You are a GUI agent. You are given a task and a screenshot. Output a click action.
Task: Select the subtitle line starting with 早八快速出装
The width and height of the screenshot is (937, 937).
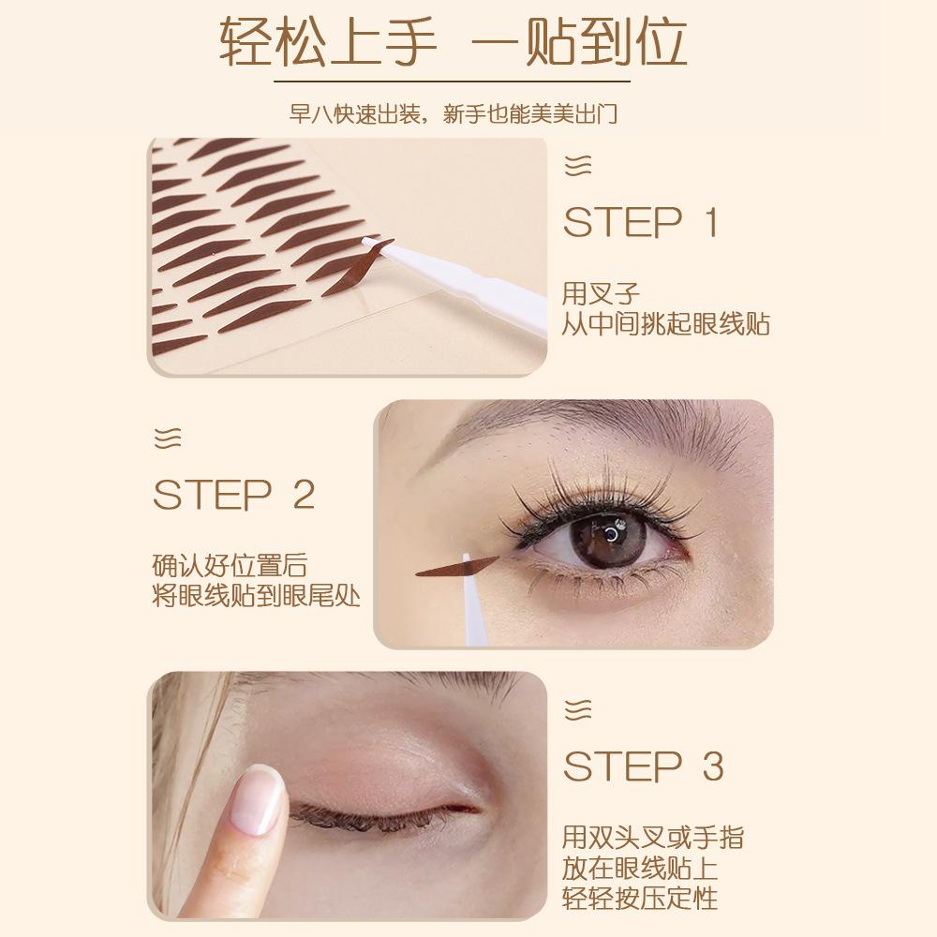click(x=468, y=114)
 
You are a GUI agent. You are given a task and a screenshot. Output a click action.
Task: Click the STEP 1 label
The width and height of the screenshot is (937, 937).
click(x=640, y=224)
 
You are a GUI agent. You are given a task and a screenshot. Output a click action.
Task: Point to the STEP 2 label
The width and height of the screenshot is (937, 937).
click(x=233, y=495)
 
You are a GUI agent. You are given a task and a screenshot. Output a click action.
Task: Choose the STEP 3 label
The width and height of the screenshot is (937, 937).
click(x=643, y=766)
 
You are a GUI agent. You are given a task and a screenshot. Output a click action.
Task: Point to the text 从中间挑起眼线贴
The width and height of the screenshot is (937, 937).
click(x=666, y=324)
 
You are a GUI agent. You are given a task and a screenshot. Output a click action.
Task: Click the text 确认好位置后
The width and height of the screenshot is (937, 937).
click(x=230, y=566)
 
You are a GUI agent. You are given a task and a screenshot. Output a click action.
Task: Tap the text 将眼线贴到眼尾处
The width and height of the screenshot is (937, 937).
click(x=256, y=597)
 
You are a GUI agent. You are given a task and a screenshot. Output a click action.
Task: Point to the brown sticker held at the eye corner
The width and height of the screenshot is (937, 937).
click(x=459, y=566)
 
